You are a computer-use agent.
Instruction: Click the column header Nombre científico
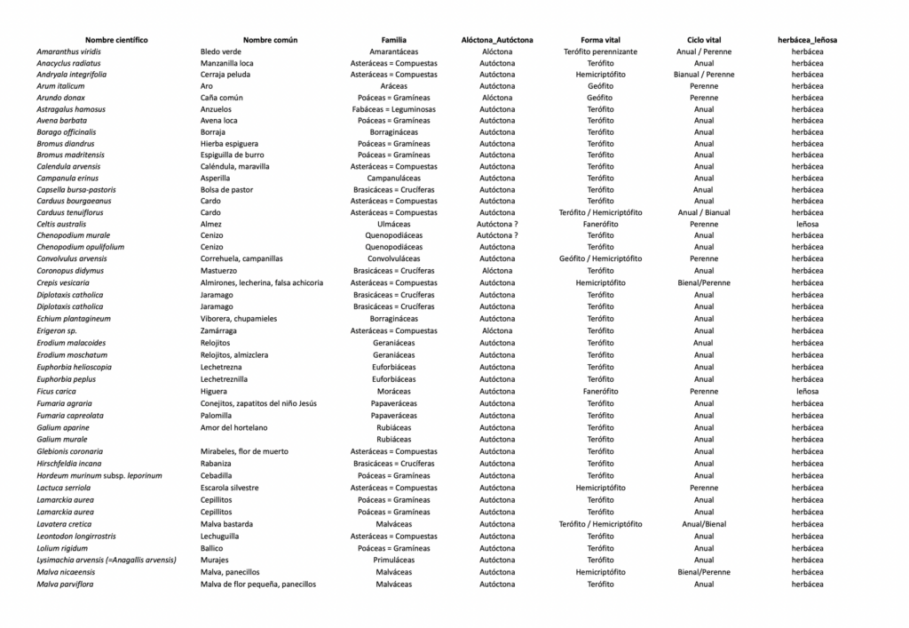[116, 40]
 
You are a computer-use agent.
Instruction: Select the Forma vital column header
[600, 40]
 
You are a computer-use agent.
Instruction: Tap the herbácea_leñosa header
[807, 40]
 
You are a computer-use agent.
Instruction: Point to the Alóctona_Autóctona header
[497, 40]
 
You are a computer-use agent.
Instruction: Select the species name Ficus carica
[56, 391]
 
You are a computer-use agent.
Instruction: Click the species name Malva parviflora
[65, 584]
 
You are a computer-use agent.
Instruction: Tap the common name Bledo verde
[220, 52]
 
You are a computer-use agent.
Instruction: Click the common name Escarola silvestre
[230, 488]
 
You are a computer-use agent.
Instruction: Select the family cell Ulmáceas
[393, 224]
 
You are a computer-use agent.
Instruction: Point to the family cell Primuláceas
[393, 560]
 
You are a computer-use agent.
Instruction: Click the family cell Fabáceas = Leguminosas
[393, 108]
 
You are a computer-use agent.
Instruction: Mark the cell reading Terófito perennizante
[600, 52]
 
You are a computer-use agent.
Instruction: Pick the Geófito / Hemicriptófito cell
[600, 258]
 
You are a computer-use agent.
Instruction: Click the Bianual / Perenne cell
[704, 75]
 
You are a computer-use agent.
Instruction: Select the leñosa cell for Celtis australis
[807, 224]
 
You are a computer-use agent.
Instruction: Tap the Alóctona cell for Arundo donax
[497, 98]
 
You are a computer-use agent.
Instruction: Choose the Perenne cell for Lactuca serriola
[704, 488]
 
